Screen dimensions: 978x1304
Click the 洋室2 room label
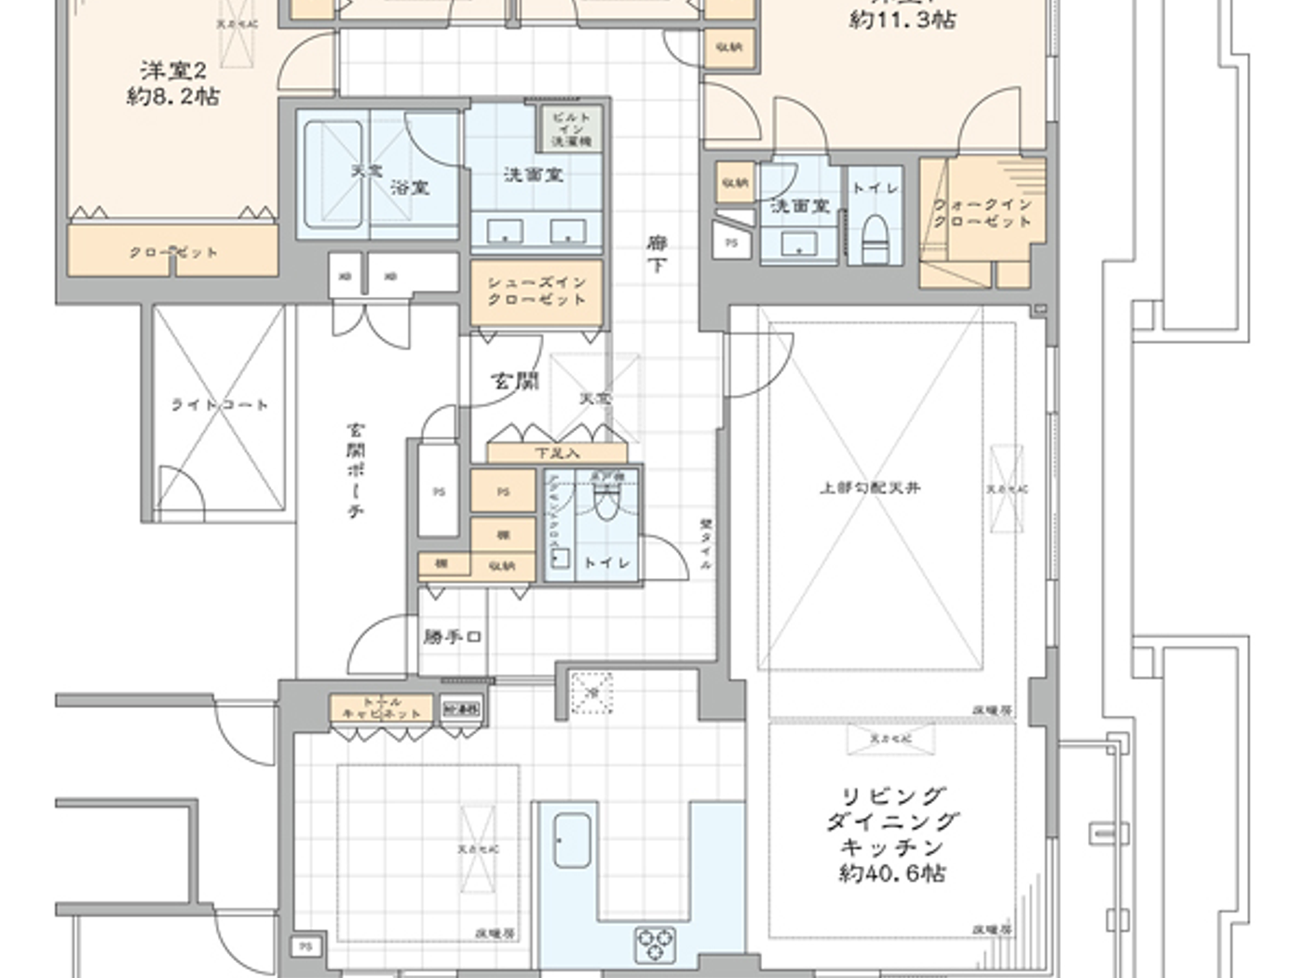point(173,70)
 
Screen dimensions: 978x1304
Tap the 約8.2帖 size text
point(173,96)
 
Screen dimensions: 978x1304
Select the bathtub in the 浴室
point(333,174)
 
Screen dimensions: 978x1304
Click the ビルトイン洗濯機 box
point(571,129)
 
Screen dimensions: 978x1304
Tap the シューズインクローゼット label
point(537,291)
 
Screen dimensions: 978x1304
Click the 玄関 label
point(514,381)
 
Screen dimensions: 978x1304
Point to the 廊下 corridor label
point(657,254)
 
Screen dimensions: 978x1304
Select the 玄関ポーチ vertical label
point(356,470)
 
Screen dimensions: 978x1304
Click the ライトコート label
point(220,405)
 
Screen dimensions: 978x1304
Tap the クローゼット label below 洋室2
point(173,252)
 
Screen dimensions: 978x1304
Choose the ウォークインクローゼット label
point(983,212)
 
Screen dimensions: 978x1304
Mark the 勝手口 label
point(452,638)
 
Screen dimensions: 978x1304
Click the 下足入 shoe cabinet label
point(557,454)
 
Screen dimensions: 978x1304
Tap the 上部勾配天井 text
point(869,487)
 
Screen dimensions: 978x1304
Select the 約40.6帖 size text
point(892,873)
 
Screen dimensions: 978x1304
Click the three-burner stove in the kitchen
point(656,944)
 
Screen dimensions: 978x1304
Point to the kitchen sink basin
point(572,840)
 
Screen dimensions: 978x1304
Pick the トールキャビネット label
point(382,708)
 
